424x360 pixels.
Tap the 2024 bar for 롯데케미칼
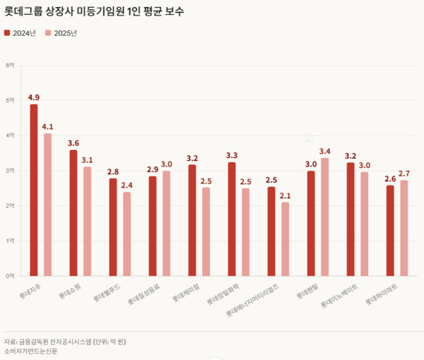(x=192, y=220)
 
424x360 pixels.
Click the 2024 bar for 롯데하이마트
(x=390, y=229)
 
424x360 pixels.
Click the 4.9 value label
(x=34, y=97)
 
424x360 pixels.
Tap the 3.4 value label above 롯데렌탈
(x=325, y=151)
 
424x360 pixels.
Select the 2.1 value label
(x=285, y=196)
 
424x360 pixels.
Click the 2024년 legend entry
(x=21, y=32)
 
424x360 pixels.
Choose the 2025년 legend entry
(x=61, y=32)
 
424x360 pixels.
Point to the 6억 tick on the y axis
(x=10, y=66)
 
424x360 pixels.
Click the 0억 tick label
(x=10, y=275)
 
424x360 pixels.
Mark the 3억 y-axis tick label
(x=10, y=171)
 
